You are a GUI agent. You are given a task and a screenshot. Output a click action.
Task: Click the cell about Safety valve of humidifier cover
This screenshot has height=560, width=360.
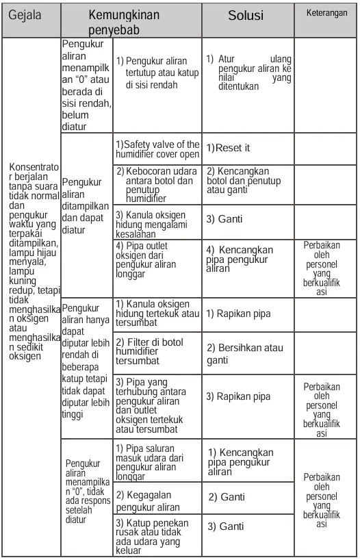tap(157, 149)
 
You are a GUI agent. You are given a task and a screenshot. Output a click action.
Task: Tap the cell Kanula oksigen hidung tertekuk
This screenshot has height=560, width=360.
tap(156, 312)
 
